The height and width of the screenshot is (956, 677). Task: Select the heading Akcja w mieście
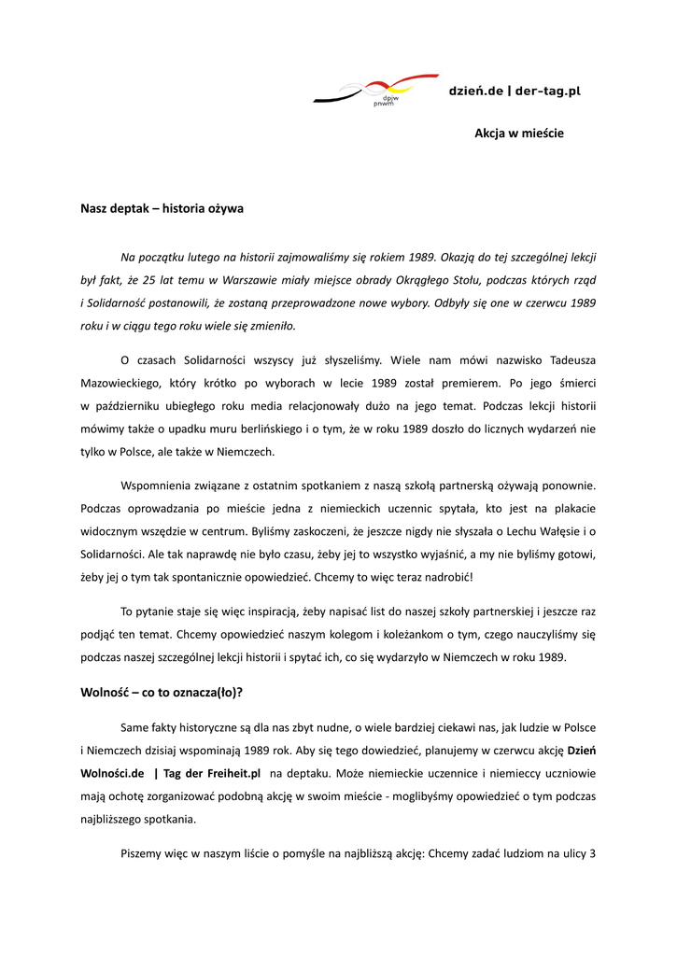[518, 134]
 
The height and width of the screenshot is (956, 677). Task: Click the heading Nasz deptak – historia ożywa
[162, 208]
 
